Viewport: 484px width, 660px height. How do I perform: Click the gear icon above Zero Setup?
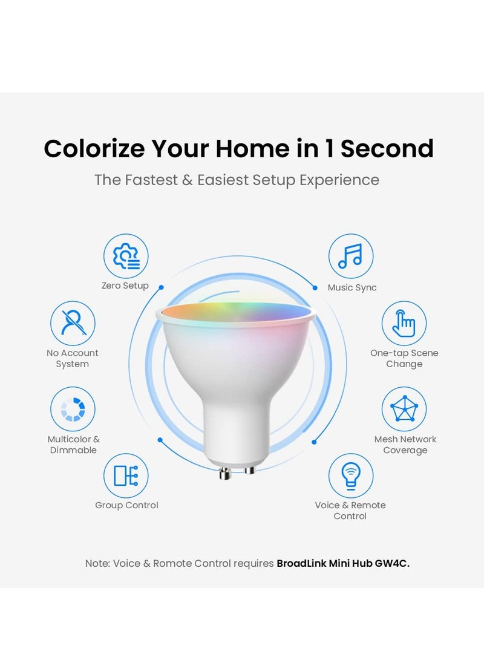[x=126, y=256]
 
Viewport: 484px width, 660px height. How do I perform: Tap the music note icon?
[x=350, y=256]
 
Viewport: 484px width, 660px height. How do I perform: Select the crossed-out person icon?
[x=73, y=323]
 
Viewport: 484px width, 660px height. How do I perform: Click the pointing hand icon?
[x=404, y=323]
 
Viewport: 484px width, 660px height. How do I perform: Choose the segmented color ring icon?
[x=73, y=409]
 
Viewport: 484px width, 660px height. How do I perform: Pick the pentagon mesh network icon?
[x=404, y=409]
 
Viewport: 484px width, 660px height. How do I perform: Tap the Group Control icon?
[x=126, y=475]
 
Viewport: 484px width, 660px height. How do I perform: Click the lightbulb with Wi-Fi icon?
[x=350, y=475]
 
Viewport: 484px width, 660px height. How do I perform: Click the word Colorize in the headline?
[x=94, y=149]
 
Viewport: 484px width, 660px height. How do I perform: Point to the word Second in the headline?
[x=387, y=149]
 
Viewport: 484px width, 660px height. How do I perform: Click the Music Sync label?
[x=352, y=288]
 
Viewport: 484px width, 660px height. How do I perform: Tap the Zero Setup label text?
[x=125, y=286]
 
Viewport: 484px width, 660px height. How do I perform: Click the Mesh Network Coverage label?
[x=405, y=445]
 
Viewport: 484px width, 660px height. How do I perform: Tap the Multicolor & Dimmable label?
[x=73, y=445]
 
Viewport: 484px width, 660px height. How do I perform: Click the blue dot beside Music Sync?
[x=315, y=288]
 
